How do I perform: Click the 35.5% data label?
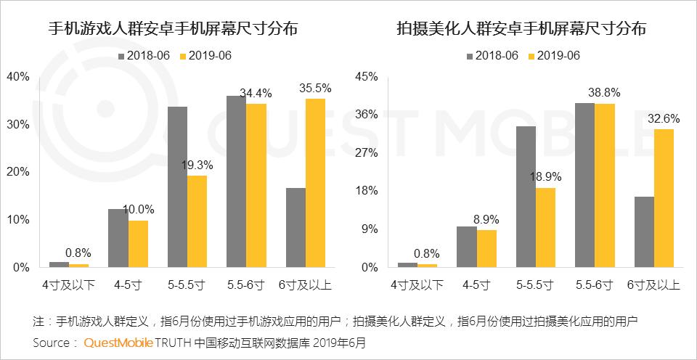click(x=315, y=89)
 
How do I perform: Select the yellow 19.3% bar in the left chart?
click(x=197, y=221)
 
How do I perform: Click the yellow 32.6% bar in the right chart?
click(x=664, y=198)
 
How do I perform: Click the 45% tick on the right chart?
click(x=367, y=77)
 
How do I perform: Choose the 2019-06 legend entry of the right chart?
click(x=554, y=56)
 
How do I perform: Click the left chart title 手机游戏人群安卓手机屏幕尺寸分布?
click(x=173, y=29)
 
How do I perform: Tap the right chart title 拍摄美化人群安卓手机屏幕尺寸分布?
click(x=521, y=29)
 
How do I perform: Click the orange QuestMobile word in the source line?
click(x=118, y=343)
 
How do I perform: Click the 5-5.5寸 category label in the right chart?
click(x=535, y=285)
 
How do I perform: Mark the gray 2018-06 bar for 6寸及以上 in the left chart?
click(x=295, y=228)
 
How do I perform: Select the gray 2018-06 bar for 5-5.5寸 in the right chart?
click(x=526, y=197)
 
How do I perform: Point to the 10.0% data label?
click(x=138, y=209)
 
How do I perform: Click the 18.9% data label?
click(x=545, y=176)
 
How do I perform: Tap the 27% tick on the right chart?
click(x=367, y=153)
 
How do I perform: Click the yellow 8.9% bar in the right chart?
click(x=486, y=249)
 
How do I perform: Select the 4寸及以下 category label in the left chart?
click(x=70, y=285)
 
